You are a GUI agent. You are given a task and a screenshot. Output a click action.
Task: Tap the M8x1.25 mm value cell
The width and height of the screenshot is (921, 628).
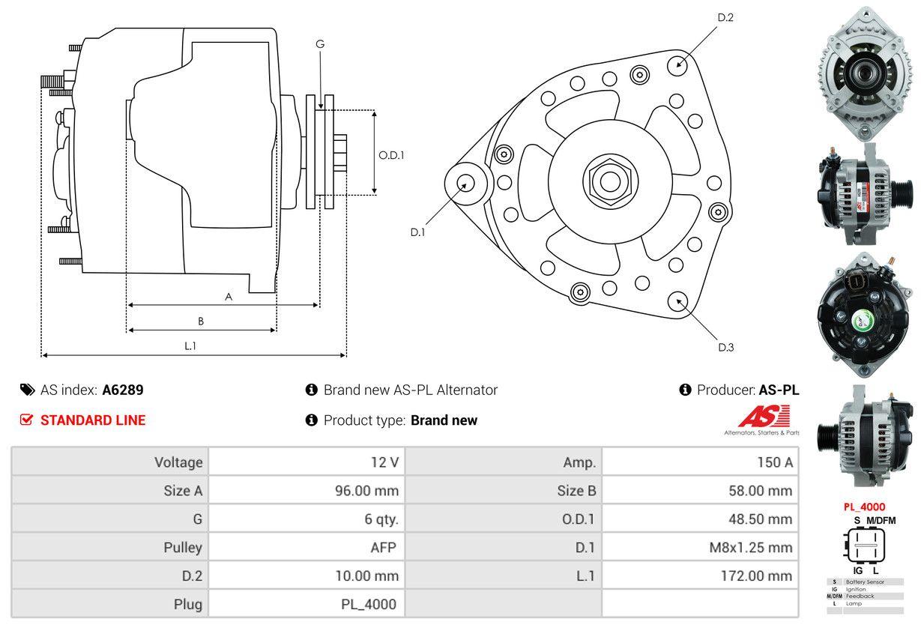point(750,548)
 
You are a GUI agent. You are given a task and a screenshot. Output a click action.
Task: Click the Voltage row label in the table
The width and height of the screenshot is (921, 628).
point(178,462)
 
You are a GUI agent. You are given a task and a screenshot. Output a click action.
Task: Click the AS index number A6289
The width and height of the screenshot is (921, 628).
point(123,390)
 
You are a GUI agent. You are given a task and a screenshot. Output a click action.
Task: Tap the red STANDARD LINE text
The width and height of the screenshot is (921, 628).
point(93,420)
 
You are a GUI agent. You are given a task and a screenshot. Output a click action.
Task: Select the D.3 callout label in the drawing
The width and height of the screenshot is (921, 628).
point(725,347)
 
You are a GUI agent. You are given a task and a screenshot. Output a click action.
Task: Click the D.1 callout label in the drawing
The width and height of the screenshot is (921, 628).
point(417,232)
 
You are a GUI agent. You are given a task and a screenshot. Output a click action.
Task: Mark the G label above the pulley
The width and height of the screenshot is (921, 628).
point(320,44)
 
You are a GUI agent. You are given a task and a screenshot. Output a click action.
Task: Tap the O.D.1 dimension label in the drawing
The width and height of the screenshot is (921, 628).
point(391,156)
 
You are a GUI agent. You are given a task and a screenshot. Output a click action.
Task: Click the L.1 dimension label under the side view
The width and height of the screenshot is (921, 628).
point(190,345)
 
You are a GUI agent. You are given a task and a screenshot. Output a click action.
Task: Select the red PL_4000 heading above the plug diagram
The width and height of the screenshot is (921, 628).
point(864,507)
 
